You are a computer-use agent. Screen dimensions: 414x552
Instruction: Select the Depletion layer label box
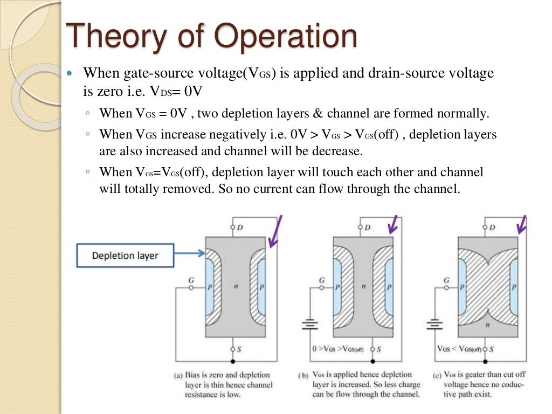click(125, 256)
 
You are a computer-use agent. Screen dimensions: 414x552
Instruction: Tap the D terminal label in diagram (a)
click(240, 227)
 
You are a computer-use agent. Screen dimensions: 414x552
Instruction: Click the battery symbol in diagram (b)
click(309, 325)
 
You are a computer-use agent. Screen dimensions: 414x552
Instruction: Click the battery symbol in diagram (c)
click(433, 325)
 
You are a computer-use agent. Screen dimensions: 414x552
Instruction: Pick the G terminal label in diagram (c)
click(446, 280)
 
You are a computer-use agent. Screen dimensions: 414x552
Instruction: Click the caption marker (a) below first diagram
click(178, 375)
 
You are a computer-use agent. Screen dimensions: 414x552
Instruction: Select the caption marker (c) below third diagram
click(437, 375)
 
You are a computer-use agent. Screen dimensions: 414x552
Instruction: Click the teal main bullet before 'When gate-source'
click(69, 73)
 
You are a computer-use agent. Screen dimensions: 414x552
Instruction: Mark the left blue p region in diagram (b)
click(337, 286)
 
